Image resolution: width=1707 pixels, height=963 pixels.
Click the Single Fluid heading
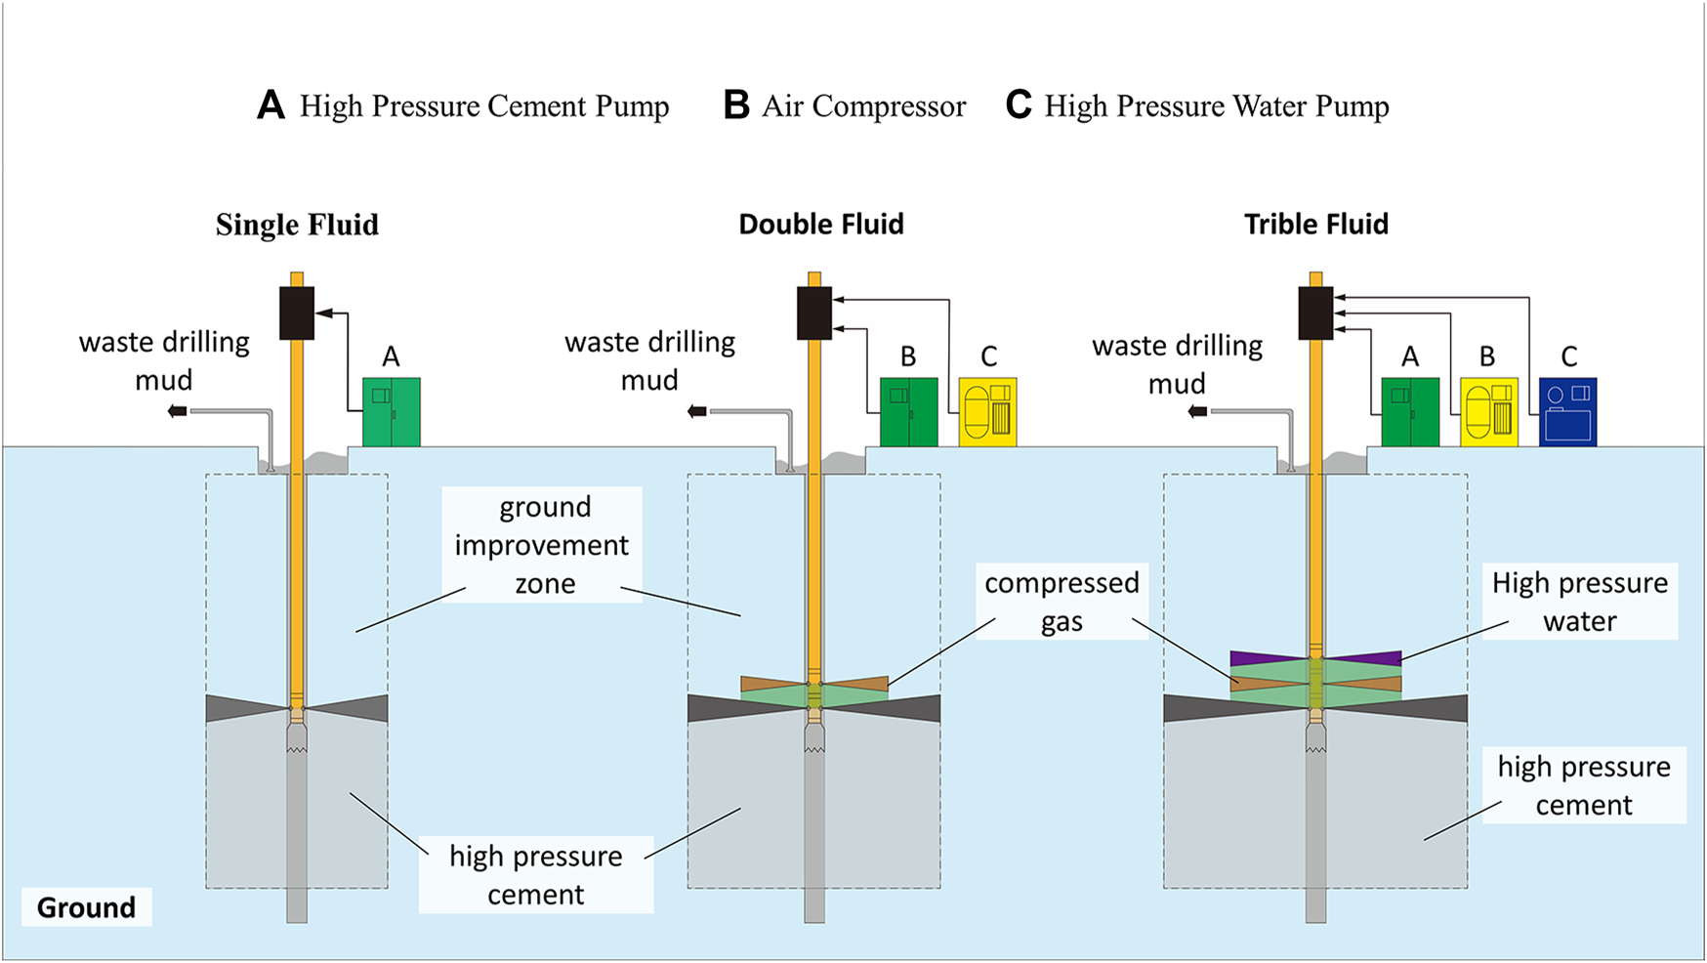(x=297, y=225)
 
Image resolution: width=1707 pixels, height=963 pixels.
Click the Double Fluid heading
(x=820, y=225)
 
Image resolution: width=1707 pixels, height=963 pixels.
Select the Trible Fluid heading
(x=1315, y=225)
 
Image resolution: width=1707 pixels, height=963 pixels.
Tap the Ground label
(x=86, y=907)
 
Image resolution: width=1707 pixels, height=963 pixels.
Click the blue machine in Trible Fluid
(x=1567, y=412)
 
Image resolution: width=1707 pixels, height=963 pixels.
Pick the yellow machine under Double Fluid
(x=987, y=412)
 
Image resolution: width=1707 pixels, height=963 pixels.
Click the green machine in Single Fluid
(x=391, y=412)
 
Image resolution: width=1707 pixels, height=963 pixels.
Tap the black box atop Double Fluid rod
(x=814, y=313)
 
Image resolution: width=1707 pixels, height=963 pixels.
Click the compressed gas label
(x=1062, y=602)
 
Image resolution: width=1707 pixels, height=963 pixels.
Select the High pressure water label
(x=1579, y=602)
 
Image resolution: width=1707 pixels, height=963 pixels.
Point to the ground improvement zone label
(x=543, y=545)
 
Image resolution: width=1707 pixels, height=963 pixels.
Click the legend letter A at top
(x=271, y=105)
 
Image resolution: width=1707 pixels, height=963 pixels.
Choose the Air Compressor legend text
(x=863, y=105)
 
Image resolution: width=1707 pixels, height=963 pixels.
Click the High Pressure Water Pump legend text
(x=1216, y=105)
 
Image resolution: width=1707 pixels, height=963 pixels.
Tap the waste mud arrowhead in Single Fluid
(x=177, y=411)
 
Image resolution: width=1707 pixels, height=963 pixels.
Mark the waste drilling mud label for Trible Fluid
(x=1177, y=364)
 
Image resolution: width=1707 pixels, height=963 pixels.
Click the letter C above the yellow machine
(x=988, y=356)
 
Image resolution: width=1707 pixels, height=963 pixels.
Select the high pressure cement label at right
(x=1583, y=785)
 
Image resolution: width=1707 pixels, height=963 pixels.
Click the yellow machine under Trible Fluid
(x=1488, y=412)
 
